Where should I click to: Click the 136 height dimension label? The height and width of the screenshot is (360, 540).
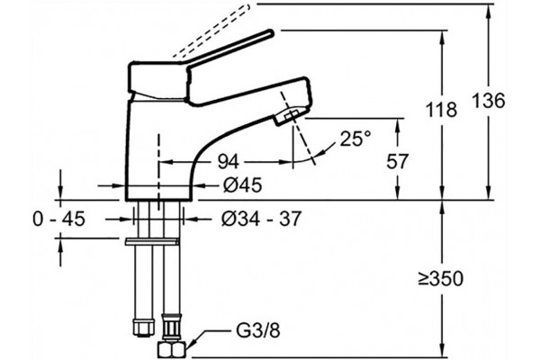(x=488, y=101)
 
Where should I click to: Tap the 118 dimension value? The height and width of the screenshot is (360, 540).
(x=441, y=110)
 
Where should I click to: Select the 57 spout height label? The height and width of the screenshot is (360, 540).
(x=397, y=161)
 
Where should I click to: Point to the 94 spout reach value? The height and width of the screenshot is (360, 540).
(x=228, y=162)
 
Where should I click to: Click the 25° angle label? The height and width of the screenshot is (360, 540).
(x=356, y=139)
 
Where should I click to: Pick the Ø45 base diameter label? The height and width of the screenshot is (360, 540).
(x=242, y=185)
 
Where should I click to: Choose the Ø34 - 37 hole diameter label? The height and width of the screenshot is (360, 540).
(x=261, y=219)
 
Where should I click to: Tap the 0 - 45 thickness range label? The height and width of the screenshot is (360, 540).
(x=58, y=219)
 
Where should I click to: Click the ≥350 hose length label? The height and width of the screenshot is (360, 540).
(x=441, y=279)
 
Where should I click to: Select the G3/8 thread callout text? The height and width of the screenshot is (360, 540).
(x=258, y=330)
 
